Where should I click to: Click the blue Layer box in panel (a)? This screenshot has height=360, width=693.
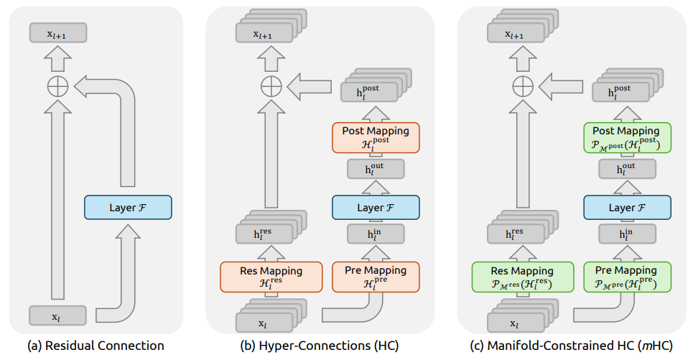point(128,208)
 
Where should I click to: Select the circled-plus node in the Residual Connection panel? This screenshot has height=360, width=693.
point(58,86)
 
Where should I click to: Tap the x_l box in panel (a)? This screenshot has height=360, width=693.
point(57,315)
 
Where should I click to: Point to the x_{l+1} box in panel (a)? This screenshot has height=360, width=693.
point(58,33)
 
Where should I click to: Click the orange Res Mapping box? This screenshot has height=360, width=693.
point(271,277)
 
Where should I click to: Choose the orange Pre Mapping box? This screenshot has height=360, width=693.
point(376,277)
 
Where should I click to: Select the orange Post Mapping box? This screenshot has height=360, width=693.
point(376,138)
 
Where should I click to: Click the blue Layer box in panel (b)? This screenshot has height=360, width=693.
point(376,208)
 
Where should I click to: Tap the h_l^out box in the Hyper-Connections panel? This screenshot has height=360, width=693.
point(376,169)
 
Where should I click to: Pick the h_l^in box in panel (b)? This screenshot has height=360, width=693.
point(376,234)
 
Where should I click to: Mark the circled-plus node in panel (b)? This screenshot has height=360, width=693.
point(271,86)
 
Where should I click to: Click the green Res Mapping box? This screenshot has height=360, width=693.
point(523,277)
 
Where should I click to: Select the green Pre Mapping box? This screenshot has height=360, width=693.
point(627,277)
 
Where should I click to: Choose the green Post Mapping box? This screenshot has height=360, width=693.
point(627,138)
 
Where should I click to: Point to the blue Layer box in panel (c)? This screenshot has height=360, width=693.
point(627,208)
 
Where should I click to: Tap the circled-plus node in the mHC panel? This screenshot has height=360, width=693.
point(523,86)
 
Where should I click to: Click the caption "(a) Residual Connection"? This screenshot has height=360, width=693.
point(96,346)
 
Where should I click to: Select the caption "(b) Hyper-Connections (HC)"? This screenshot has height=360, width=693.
point(319,346)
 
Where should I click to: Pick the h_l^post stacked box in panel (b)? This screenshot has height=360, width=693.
point(376,85)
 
